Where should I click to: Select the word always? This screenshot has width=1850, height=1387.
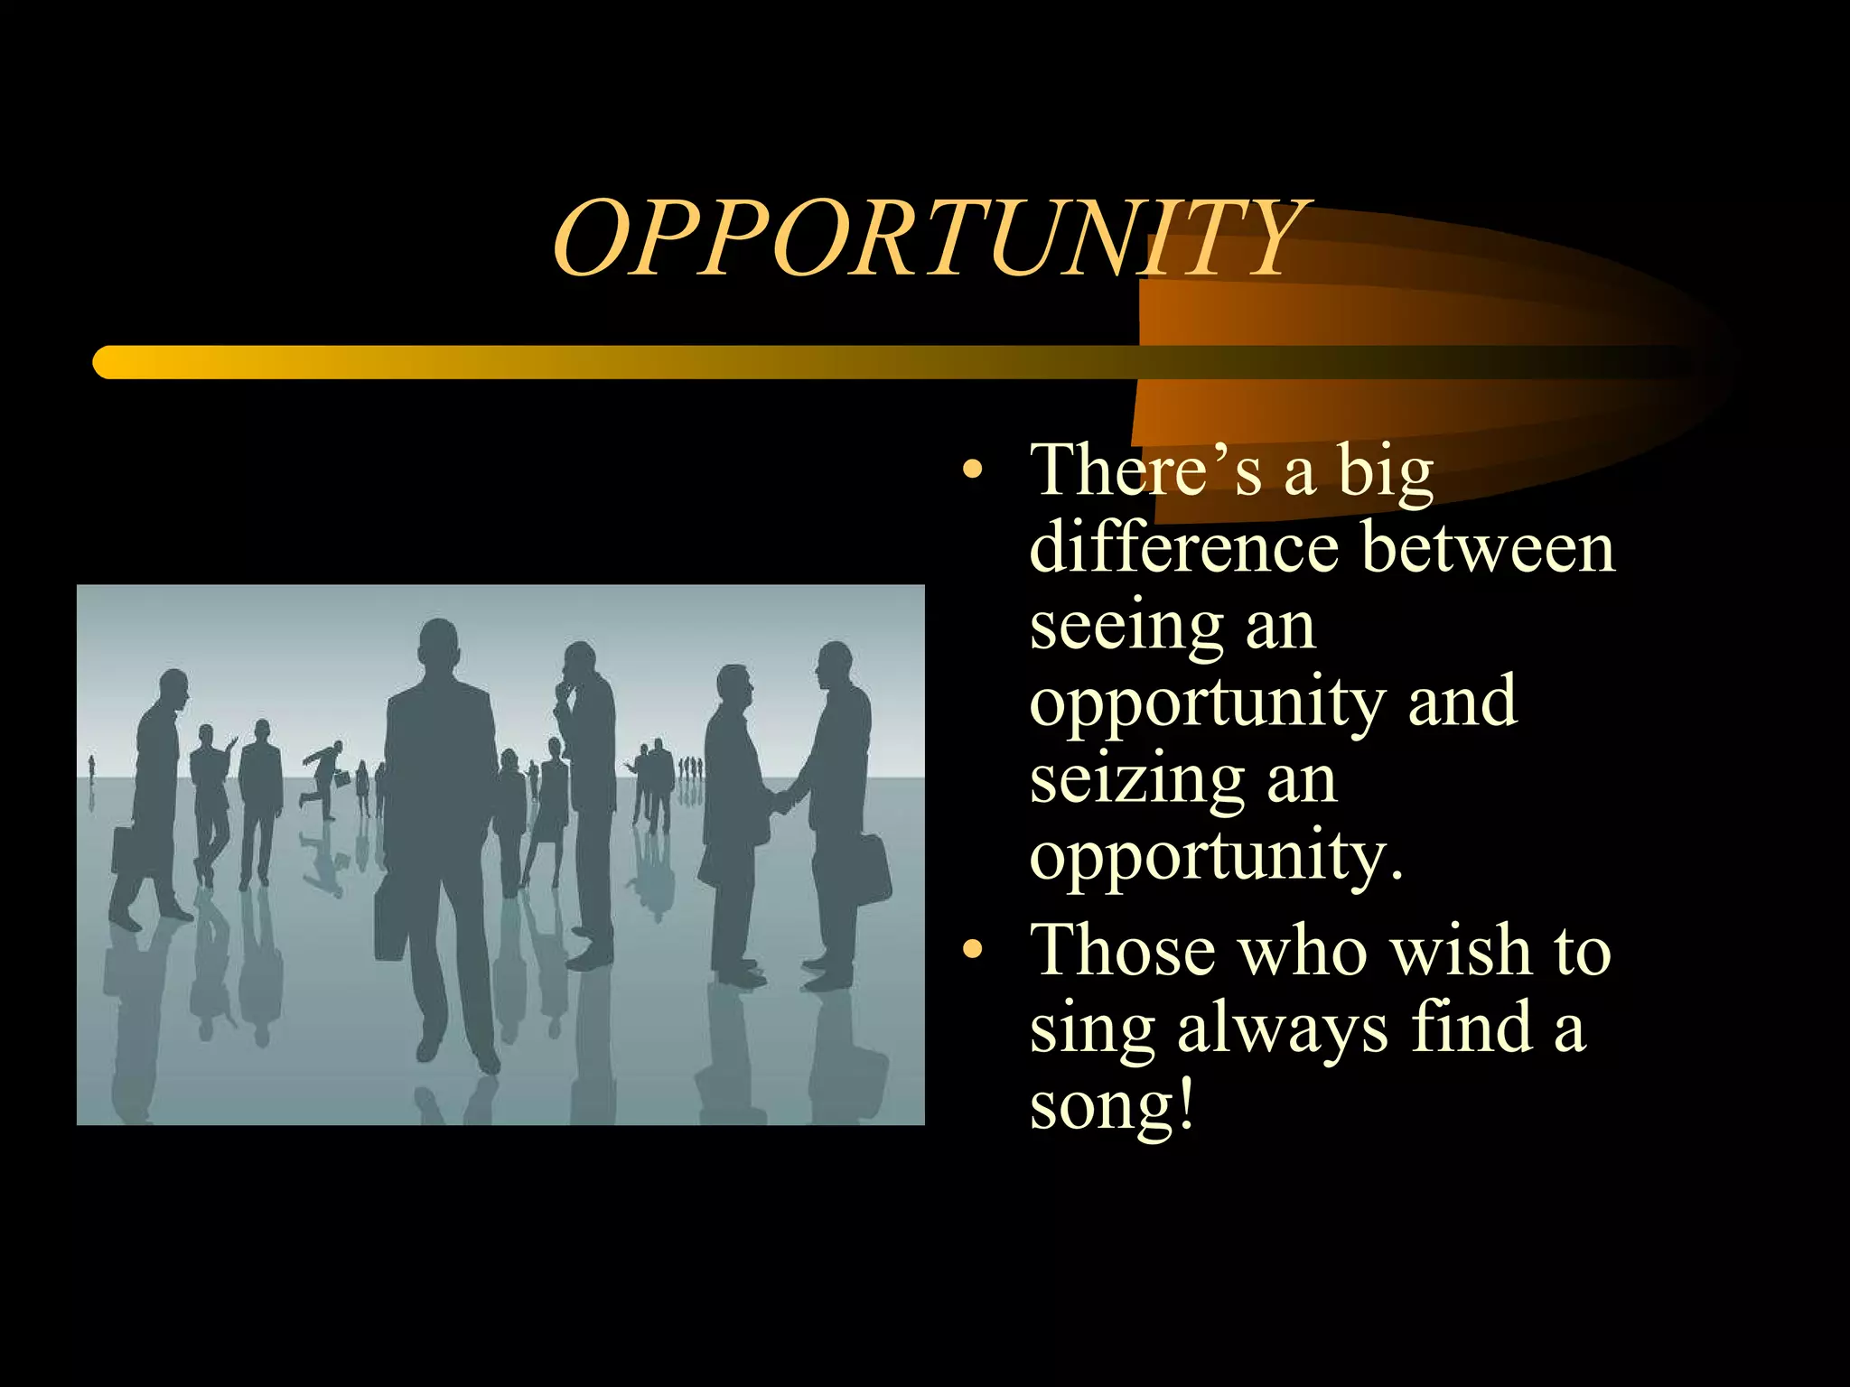tap(1282, 1029)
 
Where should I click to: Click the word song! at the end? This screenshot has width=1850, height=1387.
tap(1112, 1105)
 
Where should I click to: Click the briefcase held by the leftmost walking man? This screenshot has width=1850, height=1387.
tap(125, 850)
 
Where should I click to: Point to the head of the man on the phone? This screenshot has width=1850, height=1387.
tap(579, 666)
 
